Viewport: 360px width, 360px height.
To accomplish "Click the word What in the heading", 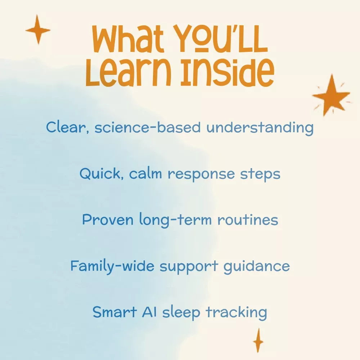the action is [x=128, y=39].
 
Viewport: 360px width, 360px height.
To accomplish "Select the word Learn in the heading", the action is [x=128, y=72].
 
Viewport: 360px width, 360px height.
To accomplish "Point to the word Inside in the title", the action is [x=228, y=72].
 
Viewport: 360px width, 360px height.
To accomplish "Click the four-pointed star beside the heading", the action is [x=38, y=30].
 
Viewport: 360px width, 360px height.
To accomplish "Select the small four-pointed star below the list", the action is [x=258, y=341].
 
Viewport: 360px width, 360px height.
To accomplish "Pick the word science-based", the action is [x=148, y=127].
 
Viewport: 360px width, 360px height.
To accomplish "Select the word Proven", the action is [x=108, y=220].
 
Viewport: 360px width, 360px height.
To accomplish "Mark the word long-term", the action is [x=175, y=220].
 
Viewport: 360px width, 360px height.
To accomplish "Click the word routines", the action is [x=248, y=220].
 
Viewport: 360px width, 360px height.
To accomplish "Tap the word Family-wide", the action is [x=112, y=266].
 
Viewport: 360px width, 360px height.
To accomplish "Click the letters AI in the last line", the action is [x=149, y=312].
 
